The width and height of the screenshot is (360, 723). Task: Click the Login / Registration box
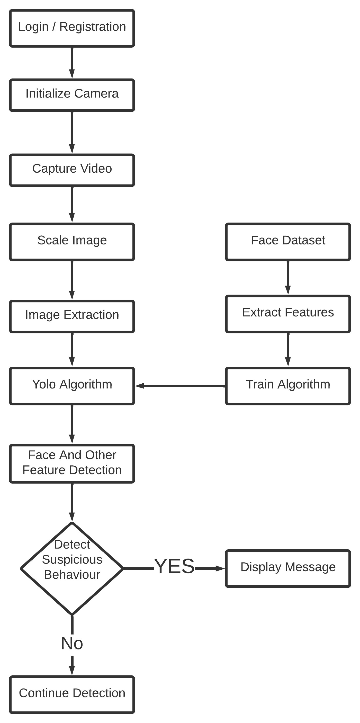pos(72,28)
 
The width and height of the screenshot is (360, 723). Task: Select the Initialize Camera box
pos(72,95)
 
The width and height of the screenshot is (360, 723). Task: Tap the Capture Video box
pos(72,170)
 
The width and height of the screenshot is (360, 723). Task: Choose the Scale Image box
pos(72,242)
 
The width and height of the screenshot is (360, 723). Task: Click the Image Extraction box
pos(72,316)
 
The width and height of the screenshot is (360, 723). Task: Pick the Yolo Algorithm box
pos(72,386)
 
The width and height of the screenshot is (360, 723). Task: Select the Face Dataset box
pos(288,242)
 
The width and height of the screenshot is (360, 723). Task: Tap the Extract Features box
pos(288,314)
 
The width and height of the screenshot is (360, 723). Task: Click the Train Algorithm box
pos(288,386)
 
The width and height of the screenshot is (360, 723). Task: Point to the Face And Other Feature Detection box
pos(72,464)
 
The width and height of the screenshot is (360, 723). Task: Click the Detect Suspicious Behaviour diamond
pos(72,569)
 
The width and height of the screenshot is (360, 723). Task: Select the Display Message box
pos(288,568)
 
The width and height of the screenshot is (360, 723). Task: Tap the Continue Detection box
pos(72,694)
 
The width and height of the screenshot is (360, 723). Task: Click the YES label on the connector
pos(174,566)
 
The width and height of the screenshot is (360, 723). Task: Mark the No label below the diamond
pos(72,643)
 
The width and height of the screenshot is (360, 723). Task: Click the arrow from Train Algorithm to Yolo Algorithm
pos(179,386)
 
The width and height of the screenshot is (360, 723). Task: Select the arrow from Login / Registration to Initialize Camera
pos(72,62)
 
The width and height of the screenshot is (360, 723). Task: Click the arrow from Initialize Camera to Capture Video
pos(72,132)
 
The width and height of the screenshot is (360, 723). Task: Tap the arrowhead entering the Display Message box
pos(220,569)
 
